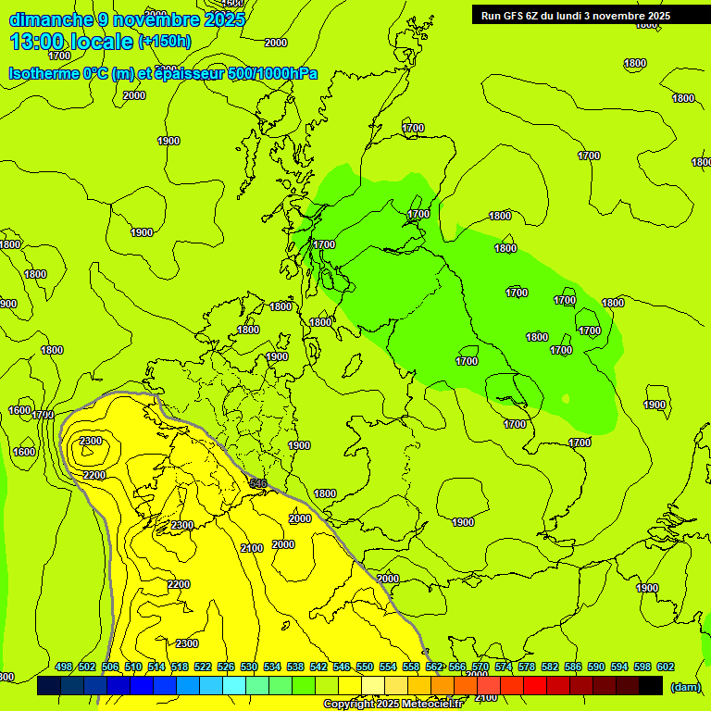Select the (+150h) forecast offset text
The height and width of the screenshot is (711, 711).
click(x=164, y=42)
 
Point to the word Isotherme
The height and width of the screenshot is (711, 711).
click(x=44, y=73)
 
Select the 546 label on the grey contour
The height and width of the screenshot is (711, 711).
click(x=258, y=483)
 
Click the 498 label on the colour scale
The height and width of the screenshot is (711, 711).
click(x=64, y=667)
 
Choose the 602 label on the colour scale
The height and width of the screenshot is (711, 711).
click(x=666, y=667)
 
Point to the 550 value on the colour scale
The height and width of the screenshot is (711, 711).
click(x=365, y=667)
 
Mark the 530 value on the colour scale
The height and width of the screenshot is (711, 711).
click(x=249, y=667)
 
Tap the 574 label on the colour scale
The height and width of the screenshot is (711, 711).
click(x=504, y=667)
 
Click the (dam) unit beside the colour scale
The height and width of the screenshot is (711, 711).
click(x=686, y=686)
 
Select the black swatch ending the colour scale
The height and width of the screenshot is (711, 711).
click(x=651, y=686)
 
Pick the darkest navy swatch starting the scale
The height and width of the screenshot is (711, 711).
click(x=49, y=686)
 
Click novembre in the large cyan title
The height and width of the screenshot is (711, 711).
click(x=156, y=19)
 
